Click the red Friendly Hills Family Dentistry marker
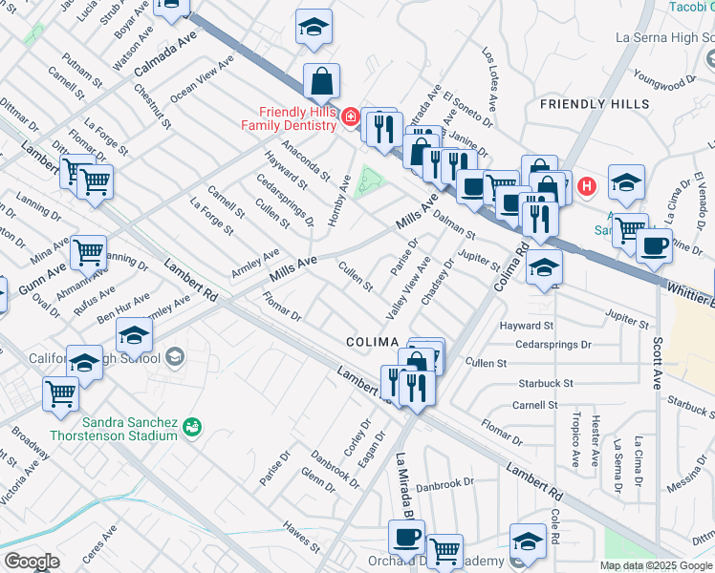pos(351,117)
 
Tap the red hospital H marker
pos(588,185)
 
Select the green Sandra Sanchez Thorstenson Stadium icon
pos(192,425)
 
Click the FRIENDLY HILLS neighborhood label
pos(594,103)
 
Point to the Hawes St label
pos(302,537)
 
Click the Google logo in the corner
pos(31,562)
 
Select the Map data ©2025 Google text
pos(656,565)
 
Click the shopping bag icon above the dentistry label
pos(323,82)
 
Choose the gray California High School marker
pos(174,356)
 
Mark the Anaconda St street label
pos(305,162)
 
